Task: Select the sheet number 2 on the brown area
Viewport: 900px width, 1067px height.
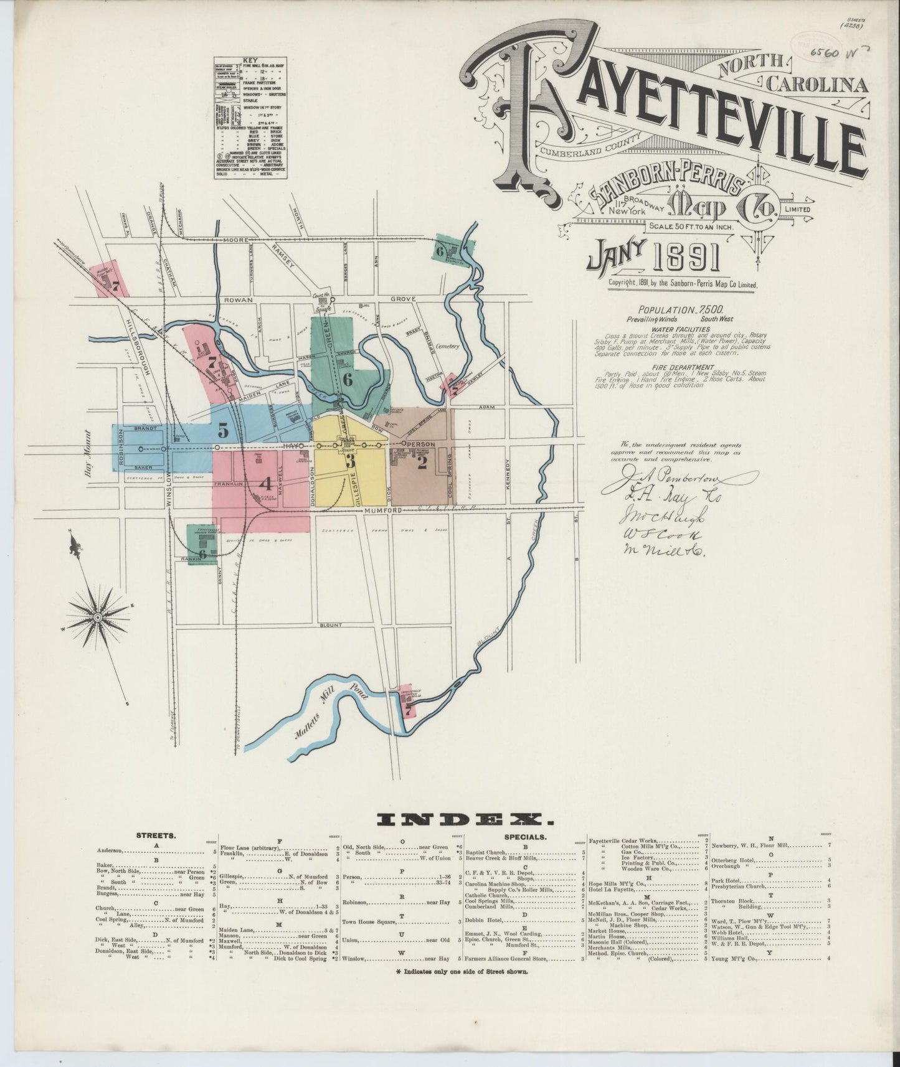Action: [x=422, y=463]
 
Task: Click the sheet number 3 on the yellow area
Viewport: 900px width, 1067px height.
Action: [x=350, y=461]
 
